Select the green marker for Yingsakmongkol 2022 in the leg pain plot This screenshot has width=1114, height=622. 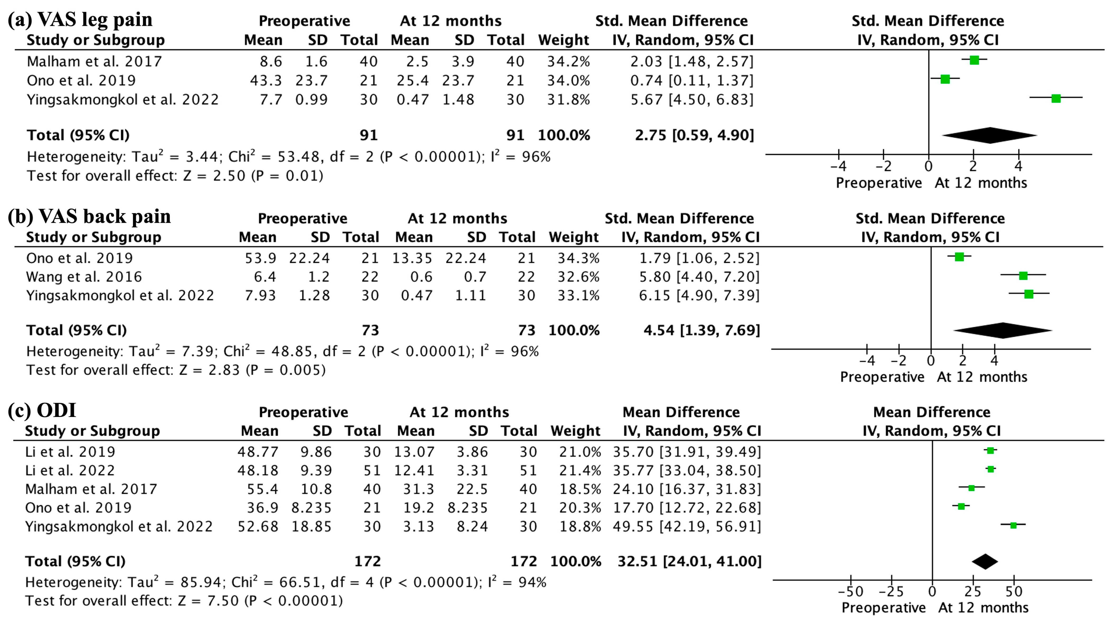[x=1056, y=99]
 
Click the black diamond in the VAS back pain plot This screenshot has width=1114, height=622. [x=1002, y=331]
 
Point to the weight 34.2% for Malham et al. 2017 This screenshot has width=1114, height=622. [x=568, y=61]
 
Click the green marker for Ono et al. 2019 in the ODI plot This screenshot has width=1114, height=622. [x=961, y=506]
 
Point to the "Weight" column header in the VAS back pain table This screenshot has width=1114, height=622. [x=573, y=237]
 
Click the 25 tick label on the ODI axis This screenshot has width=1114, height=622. [x=973, y=591]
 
